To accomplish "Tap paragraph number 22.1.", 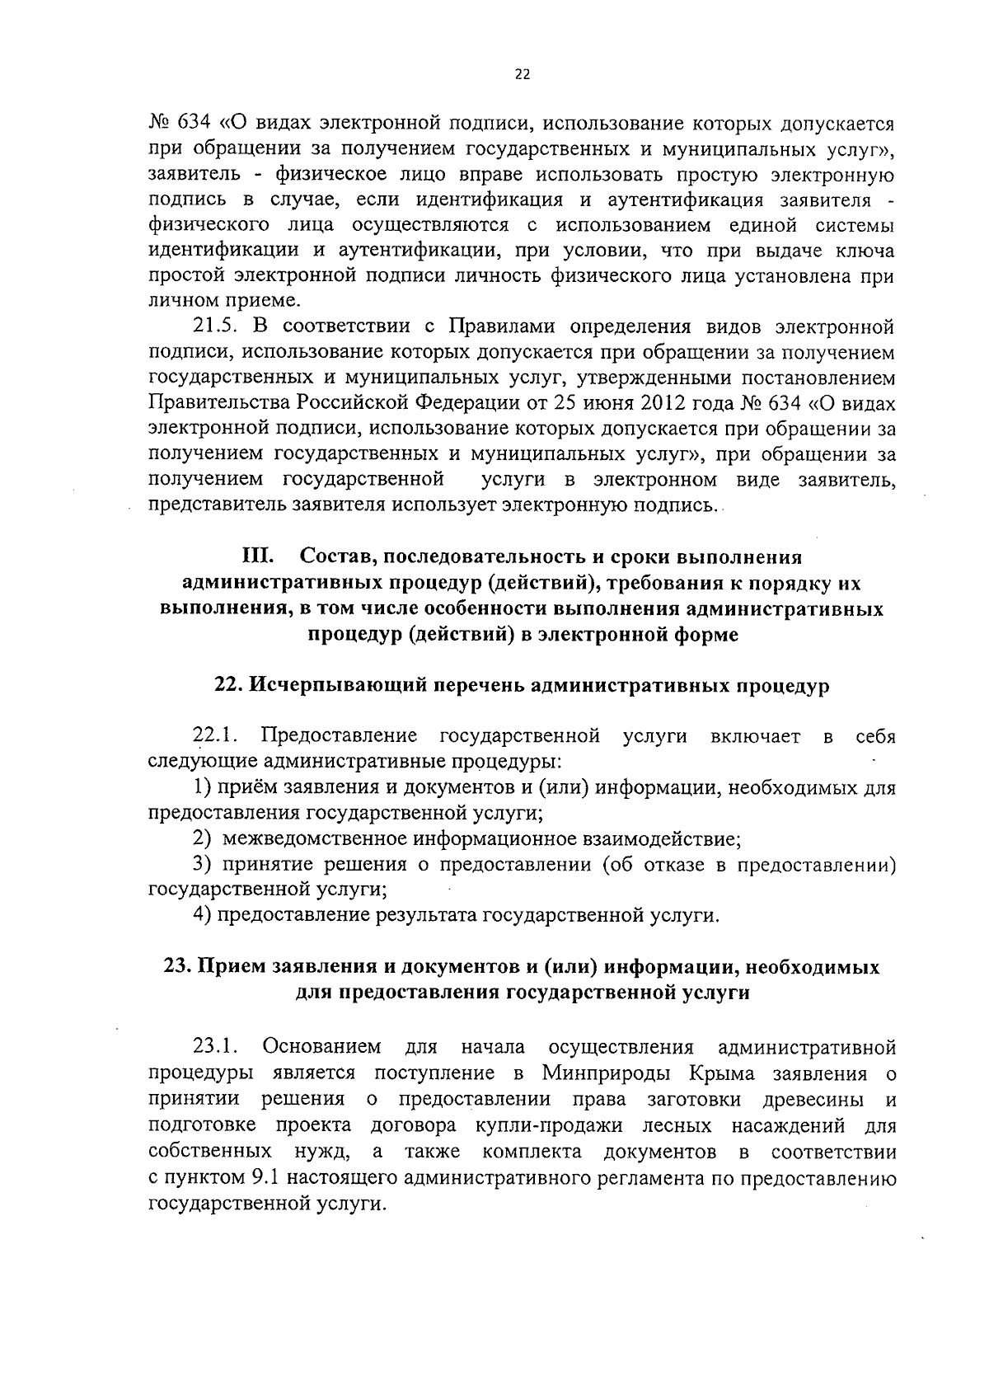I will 215,736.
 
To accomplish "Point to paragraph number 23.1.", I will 215,1048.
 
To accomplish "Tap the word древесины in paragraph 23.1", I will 812,1100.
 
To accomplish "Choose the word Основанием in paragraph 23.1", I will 321,1048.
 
